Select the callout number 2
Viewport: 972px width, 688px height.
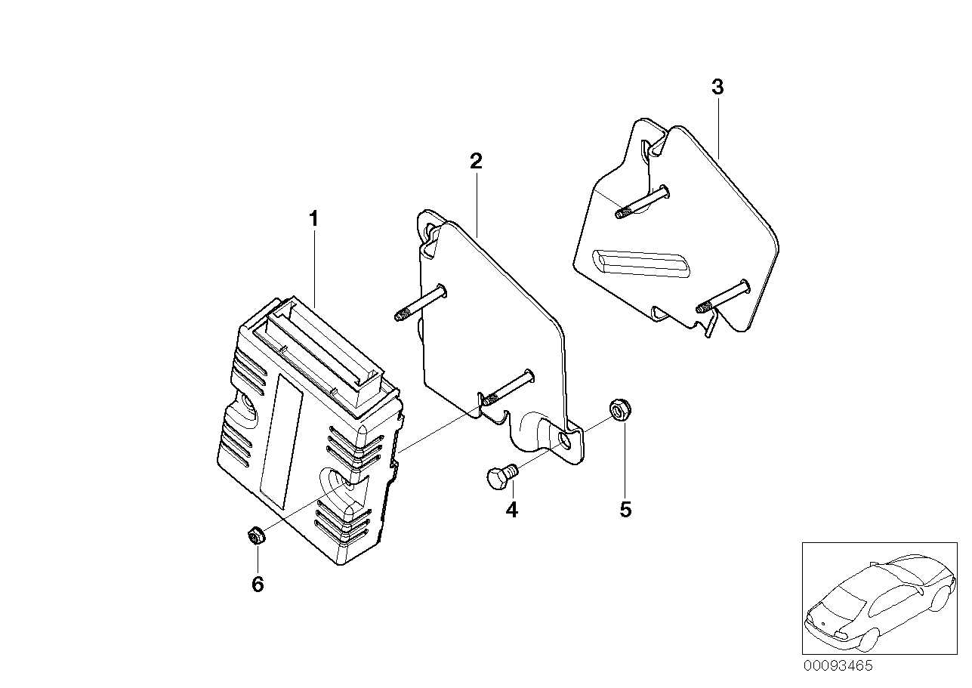476,161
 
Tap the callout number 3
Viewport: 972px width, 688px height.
717,88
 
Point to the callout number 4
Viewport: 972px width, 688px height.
512,510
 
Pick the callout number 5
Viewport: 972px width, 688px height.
625,510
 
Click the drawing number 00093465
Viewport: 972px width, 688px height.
838,665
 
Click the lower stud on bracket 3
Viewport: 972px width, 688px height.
721,296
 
